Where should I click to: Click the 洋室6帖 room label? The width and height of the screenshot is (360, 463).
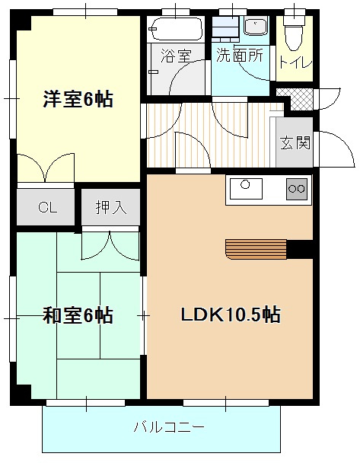78,99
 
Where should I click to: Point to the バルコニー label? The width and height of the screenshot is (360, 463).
168,428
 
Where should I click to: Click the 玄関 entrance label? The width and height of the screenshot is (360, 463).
295,142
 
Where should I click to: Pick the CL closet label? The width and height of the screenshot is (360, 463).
47,206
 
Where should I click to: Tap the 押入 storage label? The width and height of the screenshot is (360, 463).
110,206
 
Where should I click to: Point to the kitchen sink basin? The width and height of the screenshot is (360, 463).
246,187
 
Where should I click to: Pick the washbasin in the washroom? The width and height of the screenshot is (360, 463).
256,27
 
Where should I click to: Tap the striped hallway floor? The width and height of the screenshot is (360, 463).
205,137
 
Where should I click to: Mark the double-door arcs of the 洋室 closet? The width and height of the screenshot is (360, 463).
46,170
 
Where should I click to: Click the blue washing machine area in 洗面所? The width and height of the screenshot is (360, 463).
225,29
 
